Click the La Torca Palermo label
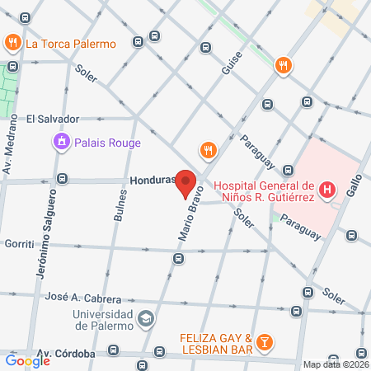click(x=71, y=44)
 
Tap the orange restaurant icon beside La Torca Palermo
click(x=13, y=42)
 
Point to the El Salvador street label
click(x=51, y=118)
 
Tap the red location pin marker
click(x=185, y=184)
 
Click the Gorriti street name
click(x=18, y=244)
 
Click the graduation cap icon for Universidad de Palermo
click(x=145, y=318)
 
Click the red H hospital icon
click(x=328, y=190)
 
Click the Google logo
click(x=27, y=360)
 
